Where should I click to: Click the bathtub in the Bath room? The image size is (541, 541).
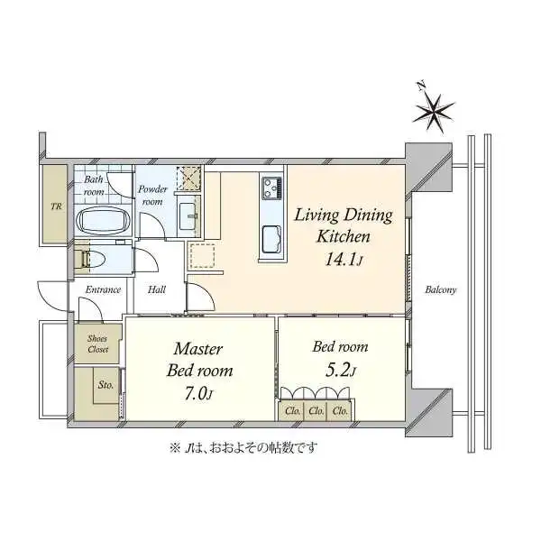point(103,223)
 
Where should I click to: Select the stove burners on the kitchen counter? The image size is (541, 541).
point(272,188)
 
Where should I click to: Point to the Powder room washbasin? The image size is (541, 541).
point(188,217)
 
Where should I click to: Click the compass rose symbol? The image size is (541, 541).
point(433,109)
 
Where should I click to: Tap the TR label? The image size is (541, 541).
point(56,206)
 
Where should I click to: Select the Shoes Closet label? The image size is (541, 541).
point(97,344)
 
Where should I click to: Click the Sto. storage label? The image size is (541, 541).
point(105,385)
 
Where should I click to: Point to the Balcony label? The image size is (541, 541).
point(441,289)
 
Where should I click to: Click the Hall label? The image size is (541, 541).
point(157,289)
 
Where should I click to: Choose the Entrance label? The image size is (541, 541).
point(103,289)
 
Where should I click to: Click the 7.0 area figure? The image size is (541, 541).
point(198,394)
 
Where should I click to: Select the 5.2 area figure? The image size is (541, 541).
point(340,371)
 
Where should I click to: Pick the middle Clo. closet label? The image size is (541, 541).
point(316,411)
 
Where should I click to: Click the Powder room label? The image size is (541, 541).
point(152,196)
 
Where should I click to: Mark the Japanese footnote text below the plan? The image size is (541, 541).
point(243,448)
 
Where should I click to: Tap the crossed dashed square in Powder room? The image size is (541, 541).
point(188,178)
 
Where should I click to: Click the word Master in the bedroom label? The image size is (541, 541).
point(198,349)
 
